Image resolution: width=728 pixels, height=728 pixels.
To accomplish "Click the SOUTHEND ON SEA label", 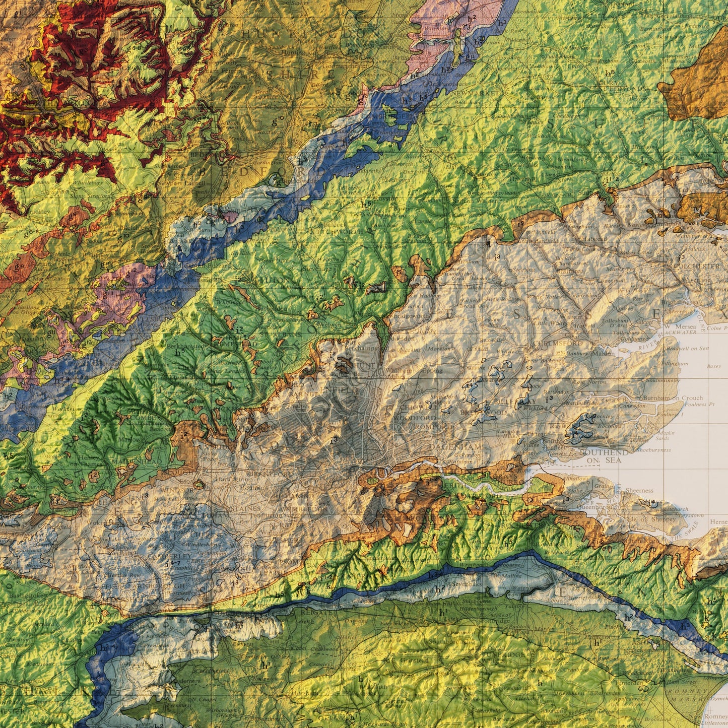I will [x=604, y=456].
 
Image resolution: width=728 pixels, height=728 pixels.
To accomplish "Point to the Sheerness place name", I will [x=639, y=490].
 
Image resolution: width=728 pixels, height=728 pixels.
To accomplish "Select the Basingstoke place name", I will [x=28, y=596].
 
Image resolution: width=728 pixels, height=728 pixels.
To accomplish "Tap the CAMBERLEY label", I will [x=174, y=556].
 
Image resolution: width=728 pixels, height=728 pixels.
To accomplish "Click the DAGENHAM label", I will [x=455, y=446].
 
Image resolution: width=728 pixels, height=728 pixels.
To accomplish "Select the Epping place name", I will [x=433, y=370].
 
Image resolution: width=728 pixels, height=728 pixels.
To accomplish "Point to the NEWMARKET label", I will [x=464, y=94].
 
